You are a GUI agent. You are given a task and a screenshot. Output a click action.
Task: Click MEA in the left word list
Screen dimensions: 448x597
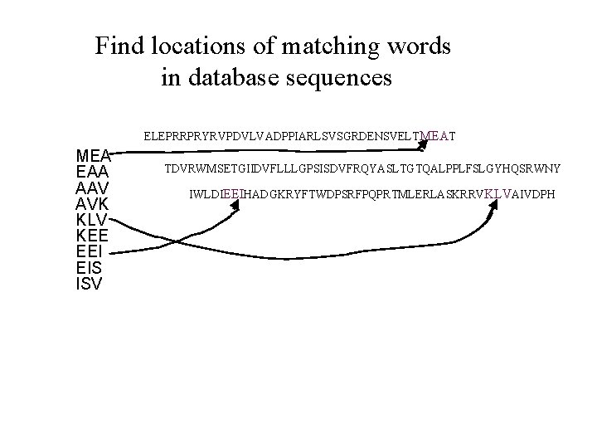coord(93,156)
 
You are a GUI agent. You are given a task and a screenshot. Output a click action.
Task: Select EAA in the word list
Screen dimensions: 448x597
coord(93,172)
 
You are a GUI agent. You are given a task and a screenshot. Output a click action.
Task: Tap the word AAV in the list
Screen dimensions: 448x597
coord(93,187)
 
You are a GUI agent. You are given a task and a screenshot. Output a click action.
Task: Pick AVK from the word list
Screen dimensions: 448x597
coord(93,203)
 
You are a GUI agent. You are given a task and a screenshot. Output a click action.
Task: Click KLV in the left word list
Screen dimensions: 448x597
coord(93,219)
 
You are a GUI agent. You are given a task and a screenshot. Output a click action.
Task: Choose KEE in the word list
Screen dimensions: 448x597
coord(93,235)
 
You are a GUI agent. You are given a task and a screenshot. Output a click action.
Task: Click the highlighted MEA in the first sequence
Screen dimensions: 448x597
coord(435,134)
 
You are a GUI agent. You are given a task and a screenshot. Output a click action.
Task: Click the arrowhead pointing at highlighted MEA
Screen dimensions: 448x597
coord(424,145)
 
